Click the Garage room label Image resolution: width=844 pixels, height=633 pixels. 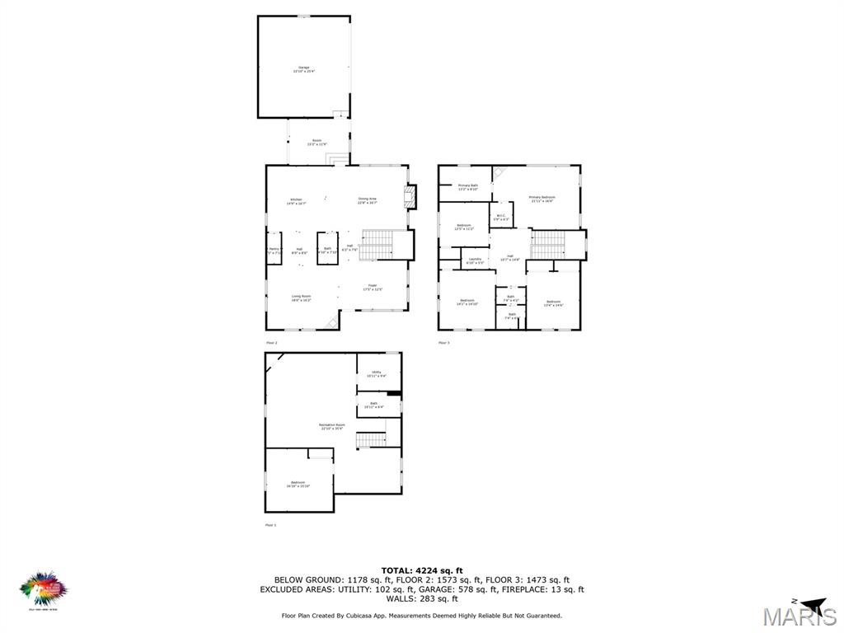point(304,69)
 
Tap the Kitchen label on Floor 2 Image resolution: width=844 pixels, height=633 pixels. point(295,200)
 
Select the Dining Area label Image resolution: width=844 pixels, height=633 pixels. point(367,200)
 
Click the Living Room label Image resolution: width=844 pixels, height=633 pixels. point(301,298)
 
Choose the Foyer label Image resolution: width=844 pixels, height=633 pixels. point(373,287)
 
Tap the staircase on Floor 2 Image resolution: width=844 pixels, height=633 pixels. point(380,244)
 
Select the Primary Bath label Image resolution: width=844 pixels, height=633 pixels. point(468,187)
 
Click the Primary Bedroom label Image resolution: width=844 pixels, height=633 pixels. point(542,199)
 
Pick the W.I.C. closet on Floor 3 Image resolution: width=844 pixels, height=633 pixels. point(501,216)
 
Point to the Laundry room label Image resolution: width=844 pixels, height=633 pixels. point(475,260)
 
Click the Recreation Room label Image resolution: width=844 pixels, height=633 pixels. point(331,427)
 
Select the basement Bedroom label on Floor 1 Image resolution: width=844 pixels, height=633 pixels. point(298,484)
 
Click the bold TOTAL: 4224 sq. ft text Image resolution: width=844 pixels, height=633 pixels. point(422,570)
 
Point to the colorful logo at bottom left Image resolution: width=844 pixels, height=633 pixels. point(43,589)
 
